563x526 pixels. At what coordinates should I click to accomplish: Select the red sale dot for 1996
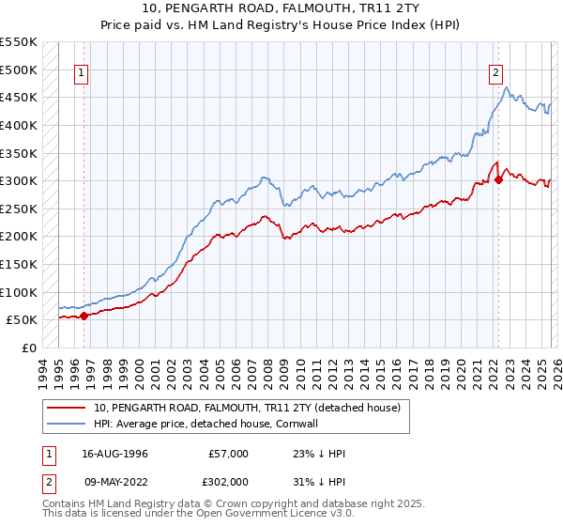coord(84,316)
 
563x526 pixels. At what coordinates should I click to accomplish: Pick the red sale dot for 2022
coord(498,180)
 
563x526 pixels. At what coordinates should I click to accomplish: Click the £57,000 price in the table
coord(228,454)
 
